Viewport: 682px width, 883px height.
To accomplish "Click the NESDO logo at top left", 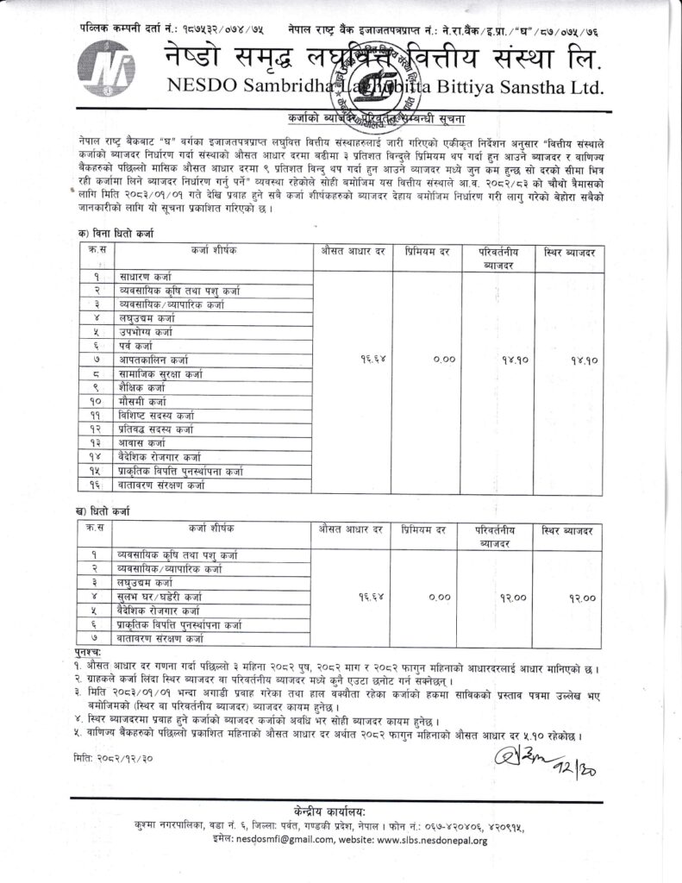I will click(x=102, y=69).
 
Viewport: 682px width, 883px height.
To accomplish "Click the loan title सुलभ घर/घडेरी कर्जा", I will click(x=159, y=597).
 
